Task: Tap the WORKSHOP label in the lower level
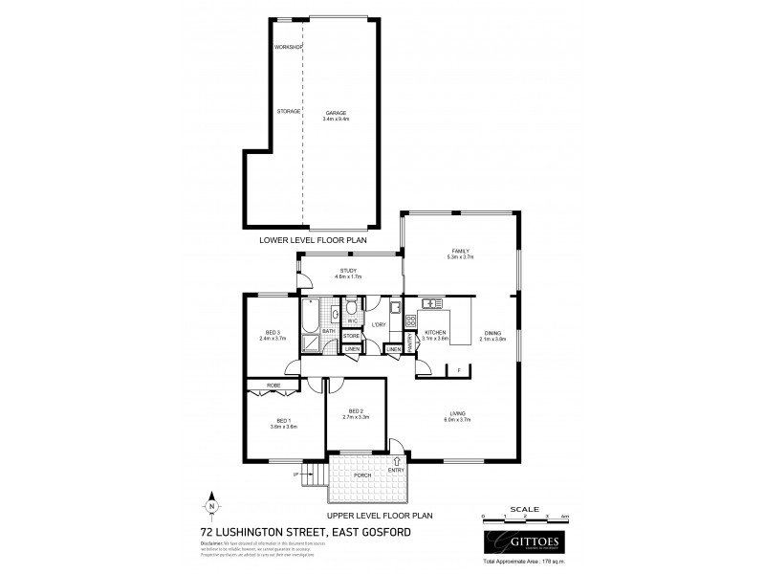[x=288, y=47]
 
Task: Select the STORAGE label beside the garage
[x=289, y=111]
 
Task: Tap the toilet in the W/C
[x=352, y=308]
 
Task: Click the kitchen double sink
[x=430, y=304]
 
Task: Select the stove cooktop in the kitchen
[x=411, y=320]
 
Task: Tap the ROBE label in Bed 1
[x=273, y=386]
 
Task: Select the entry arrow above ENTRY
[x=397, y=461]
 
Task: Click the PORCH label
[x=362, y=475]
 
